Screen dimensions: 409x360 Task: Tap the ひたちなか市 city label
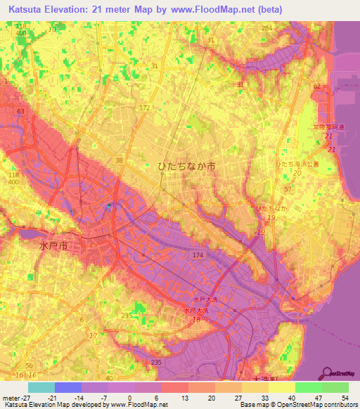coord(186,167)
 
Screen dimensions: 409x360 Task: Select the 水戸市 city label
coord(53,247)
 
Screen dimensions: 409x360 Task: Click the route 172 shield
coord(145,108)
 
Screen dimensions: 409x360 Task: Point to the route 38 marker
coord(120,160)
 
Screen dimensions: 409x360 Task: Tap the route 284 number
coord(266,27)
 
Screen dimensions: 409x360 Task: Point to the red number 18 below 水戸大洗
coord(197,319)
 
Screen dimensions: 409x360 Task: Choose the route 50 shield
coord(28,366)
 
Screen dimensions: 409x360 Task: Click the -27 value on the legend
coord(28,397)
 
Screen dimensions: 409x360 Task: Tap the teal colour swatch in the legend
coord(41,387)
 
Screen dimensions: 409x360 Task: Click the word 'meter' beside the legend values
coord(11,397)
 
